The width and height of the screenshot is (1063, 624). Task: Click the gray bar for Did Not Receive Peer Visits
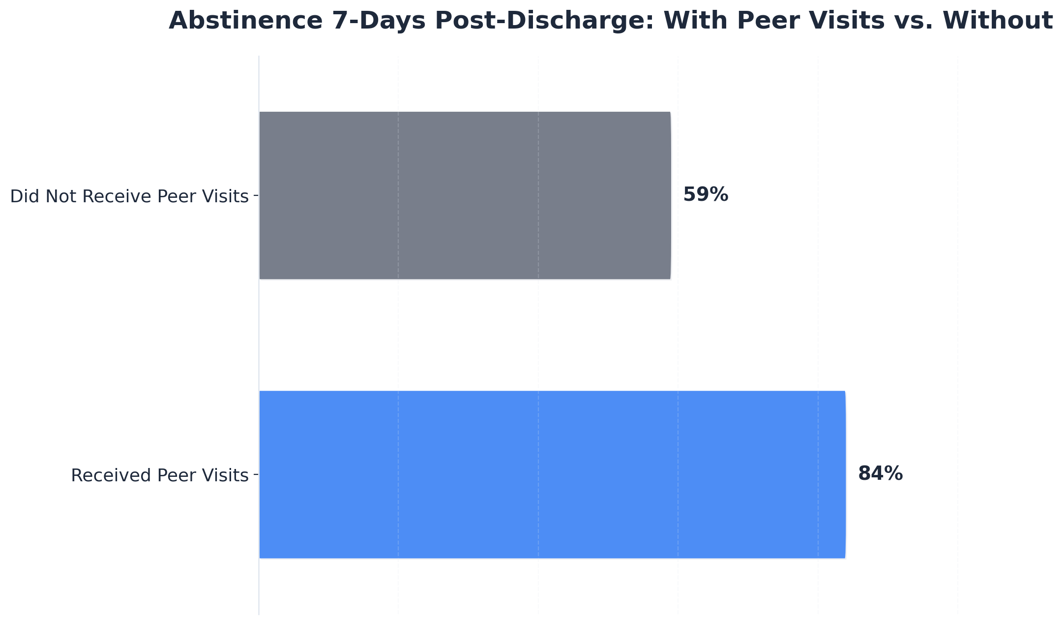click(465, 195)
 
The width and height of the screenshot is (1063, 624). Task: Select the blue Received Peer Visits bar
click(552, 474)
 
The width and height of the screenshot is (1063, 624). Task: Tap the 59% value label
click(706, 195)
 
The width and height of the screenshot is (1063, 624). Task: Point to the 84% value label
click(880, 474)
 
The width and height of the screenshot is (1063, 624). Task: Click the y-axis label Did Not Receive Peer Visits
click(129, 196)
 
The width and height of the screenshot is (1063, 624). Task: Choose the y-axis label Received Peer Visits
click(160, 475)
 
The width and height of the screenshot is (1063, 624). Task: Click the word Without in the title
click(998, 21)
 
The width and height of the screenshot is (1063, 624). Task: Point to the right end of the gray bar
click(670, 195)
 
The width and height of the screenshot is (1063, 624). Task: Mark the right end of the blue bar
click(844, 474)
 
